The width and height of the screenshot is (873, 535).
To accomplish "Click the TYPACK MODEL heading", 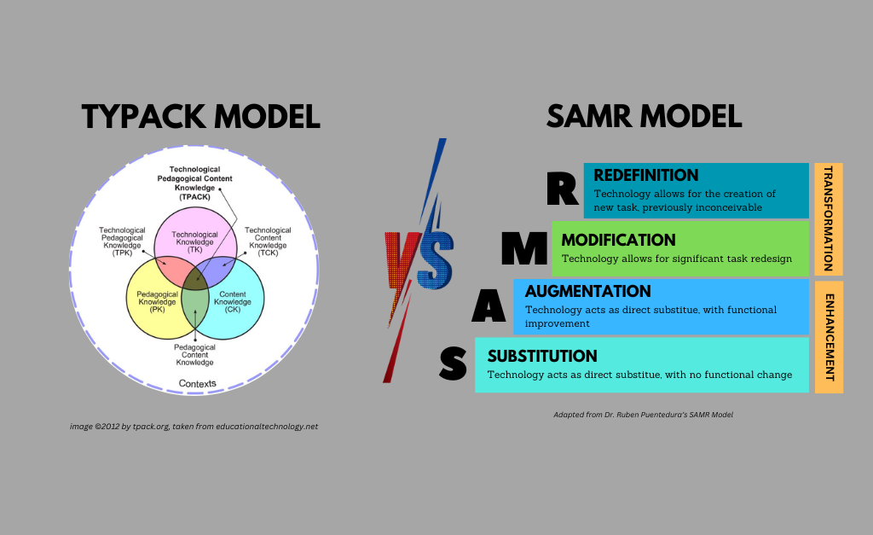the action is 200,116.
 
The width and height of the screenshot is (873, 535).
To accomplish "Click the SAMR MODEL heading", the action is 644,116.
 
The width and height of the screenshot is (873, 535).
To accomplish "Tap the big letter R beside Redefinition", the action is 563,189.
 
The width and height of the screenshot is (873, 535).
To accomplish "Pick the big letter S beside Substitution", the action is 453,364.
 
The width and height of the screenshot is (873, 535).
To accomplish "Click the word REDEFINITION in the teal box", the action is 645,175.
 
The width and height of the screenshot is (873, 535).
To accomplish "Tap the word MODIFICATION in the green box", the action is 618,240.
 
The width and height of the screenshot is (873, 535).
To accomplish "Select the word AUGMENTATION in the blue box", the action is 587,291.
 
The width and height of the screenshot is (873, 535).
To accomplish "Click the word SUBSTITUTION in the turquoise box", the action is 542,356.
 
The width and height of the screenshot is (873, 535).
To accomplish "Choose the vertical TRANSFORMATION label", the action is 829,218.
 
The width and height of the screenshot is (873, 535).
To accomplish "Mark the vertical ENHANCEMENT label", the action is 829,337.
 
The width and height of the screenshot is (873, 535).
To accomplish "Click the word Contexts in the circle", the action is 197,383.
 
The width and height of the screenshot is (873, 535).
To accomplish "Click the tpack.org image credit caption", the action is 194,426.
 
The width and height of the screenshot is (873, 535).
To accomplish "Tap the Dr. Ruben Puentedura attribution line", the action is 643,415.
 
